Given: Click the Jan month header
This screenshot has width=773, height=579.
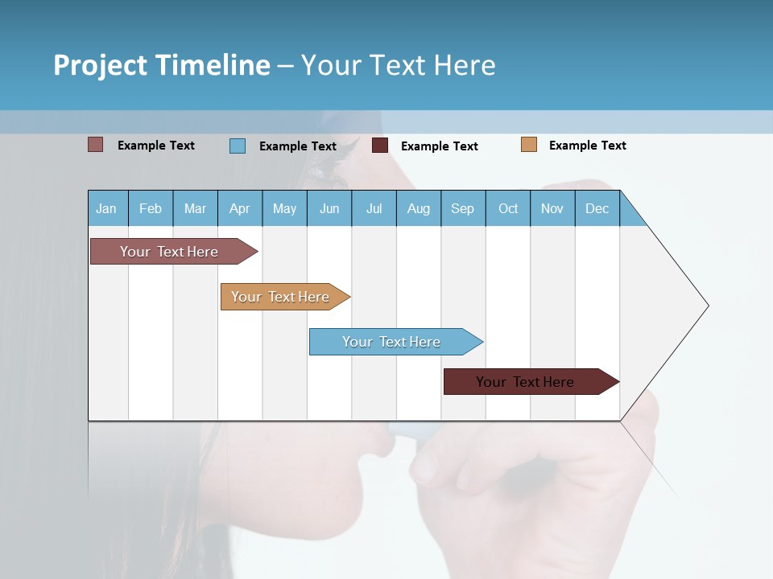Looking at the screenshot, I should coord(106,208).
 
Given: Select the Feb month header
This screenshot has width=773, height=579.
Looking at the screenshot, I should coord(151,208).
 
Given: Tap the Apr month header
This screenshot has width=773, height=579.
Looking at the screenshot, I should coord(239,208).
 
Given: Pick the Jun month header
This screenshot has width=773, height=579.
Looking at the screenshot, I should coord(329,208).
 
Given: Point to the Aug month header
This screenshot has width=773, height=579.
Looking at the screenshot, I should coord(418,208).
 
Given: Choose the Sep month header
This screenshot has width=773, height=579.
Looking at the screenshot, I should coord(462,208).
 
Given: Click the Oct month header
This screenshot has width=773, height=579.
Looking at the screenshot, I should coord(508,208).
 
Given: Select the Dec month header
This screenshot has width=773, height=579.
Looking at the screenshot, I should coord(597,208).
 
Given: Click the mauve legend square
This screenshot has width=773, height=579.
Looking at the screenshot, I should coord(96,145).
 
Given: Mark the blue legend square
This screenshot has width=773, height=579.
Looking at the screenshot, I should coord(238,146).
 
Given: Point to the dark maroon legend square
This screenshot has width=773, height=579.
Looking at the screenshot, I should coord(380,146).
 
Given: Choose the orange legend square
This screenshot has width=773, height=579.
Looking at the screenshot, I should coord(529,145).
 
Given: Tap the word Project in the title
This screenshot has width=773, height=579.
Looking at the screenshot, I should coord(101,65).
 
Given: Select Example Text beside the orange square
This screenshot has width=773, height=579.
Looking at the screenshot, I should coord(587,146).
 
